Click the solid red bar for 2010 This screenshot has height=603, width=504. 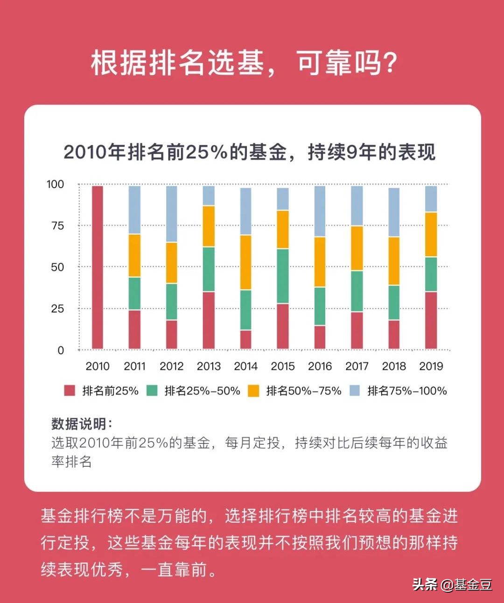(97, 267)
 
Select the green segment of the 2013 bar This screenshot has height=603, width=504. (209, 269)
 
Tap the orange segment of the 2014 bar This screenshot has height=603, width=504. (245, 262)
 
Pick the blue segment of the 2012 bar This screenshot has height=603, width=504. (172, 214)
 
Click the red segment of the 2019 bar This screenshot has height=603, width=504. (431, 320)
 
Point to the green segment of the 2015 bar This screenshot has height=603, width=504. (283, 276)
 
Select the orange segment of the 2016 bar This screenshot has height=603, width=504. (320, 262)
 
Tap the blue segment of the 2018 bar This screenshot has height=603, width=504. (394, 212)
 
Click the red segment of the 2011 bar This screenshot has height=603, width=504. (134, 329)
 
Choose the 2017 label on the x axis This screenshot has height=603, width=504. (357, 366)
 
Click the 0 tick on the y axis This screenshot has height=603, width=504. (60, 351)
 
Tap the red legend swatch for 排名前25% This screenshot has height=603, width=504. (70, 391)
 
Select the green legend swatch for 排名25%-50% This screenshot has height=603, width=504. (152, 391)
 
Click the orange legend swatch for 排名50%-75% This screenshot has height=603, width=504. (253, 391)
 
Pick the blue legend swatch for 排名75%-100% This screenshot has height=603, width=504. (355, 391)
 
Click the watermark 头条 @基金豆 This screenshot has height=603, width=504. (452, 584)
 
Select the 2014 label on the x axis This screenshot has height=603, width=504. (245, 366)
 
